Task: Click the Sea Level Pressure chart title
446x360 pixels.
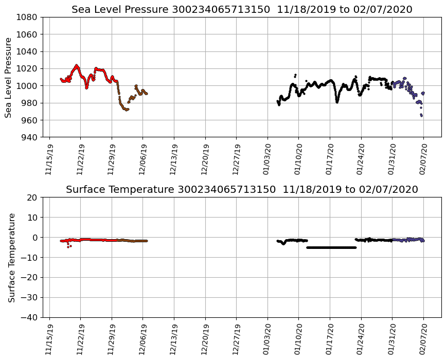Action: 242,9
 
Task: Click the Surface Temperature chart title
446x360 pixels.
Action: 242,189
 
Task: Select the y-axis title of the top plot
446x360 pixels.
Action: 8,77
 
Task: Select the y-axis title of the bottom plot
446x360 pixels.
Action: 11,257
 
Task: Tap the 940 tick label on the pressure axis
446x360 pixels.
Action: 29,137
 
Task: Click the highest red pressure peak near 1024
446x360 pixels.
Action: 77,65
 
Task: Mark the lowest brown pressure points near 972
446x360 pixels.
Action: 127,110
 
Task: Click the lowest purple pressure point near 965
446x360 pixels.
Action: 421,116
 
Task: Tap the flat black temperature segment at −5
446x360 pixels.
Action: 332,247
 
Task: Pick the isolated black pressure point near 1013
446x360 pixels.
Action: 295,75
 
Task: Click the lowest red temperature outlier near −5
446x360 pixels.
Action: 68,247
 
